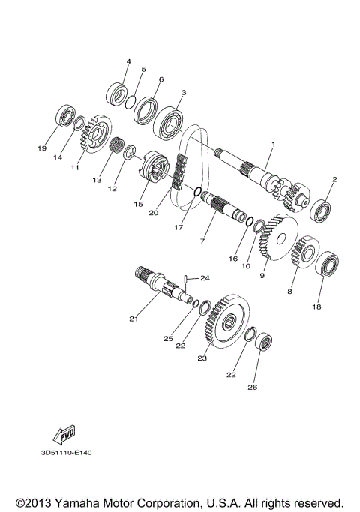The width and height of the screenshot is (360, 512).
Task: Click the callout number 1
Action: [274, 144]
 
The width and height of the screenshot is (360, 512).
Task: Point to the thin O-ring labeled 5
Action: [130, 100]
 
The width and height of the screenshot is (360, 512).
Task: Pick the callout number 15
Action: [137, 203]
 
